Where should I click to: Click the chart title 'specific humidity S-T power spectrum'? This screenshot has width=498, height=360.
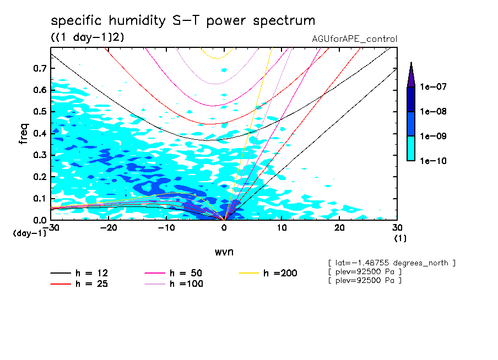[x=183, y=21]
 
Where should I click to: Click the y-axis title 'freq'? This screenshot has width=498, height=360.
[x=23, y=134]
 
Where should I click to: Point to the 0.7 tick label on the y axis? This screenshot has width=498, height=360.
[x=39, y=68]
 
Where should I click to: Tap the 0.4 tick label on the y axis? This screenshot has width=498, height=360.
[x=39, y=133]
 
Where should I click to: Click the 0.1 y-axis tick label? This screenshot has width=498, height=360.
[x=39, y=198]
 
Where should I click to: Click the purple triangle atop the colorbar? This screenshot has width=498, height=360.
[x=411, y=74]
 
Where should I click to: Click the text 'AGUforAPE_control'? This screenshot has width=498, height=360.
[x=354, y=39]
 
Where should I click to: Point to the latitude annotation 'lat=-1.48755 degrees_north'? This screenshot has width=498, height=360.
[x=392, y=263]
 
